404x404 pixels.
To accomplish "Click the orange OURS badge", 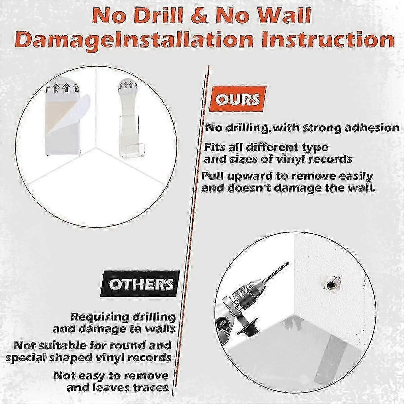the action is click(x=238, y=98).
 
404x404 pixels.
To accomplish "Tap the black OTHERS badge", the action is click(x=140, y=284).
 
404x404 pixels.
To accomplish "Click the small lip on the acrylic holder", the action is click(x=133, y=150).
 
